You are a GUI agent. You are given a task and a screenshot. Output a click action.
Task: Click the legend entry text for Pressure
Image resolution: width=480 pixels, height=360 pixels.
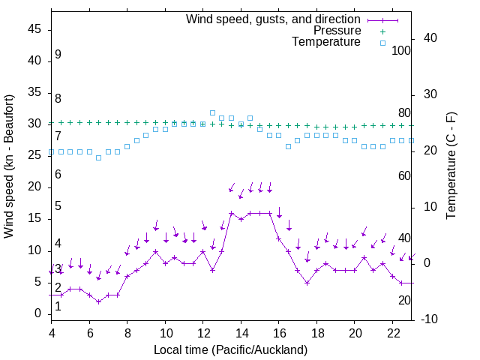[x=337, y=31]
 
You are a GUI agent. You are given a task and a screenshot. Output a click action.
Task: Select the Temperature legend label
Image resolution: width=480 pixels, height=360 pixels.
[x=326, y=42]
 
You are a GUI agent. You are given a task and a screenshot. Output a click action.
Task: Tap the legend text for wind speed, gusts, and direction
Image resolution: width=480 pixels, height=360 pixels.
[x=274, y=19]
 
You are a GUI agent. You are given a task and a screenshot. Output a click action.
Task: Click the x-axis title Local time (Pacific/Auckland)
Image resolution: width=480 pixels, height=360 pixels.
[x=230, y=349]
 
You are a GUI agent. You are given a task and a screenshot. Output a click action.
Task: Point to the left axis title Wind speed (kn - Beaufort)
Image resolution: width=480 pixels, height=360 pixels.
[x=9, y=166]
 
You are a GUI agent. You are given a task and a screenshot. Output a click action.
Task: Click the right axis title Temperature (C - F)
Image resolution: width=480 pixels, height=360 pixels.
[x=451, y=166]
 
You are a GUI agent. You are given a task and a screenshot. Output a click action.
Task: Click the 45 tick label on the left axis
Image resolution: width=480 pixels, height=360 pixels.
[x=34, y=29]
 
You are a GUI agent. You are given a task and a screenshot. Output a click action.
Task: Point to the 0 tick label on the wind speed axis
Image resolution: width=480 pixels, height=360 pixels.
[x=38, y=313]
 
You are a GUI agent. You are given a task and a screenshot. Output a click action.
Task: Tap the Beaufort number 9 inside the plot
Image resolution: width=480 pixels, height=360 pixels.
[x=58, y=55]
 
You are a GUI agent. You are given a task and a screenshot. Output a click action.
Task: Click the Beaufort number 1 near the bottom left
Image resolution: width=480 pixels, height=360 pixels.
[x=58, y=305]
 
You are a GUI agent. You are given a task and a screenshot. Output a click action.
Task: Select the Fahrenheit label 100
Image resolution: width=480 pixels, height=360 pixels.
[x=401, y=50]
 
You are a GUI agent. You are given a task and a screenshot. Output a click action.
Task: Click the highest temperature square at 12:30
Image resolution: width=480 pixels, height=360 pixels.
[x=213, y=112]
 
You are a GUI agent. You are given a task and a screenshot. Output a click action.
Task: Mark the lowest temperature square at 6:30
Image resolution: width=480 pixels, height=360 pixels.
[x=99, y=157]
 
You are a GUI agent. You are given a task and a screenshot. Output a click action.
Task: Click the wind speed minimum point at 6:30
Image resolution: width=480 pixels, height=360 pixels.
[x=99, y=301]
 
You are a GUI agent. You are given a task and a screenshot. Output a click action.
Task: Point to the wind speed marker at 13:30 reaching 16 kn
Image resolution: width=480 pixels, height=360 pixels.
[x=232, y=213]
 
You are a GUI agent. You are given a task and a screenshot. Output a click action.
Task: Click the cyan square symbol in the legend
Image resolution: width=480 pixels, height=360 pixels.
[x=382, y=43]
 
